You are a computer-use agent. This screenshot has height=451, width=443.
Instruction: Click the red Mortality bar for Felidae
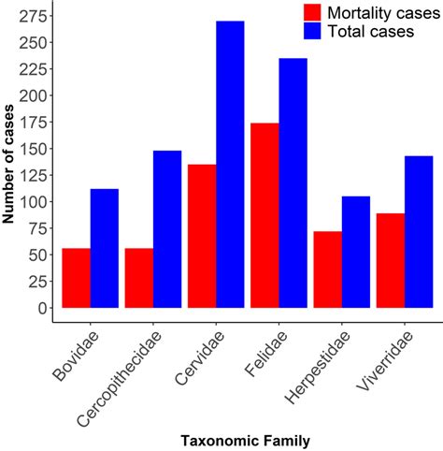(x=264, y=215)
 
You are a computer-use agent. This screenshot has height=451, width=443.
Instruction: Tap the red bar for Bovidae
(x=76, y=278)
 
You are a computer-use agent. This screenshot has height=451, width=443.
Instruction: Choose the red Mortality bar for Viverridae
(x=391, y=261)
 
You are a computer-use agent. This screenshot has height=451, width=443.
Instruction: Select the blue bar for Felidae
(x=293, y=182)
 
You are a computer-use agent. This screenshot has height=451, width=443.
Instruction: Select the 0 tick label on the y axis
(x=40, y=308)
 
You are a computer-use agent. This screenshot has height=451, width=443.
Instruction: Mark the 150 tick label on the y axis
(x=34, y=149)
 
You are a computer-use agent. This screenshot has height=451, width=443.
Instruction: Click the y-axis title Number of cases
(x=10, y=161)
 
